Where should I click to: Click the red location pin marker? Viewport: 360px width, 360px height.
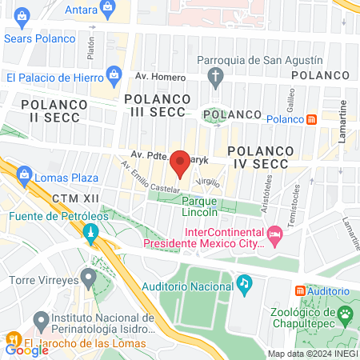pos(180,162)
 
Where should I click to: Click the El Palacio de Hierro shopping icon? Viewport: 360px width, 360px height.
pos(114,77)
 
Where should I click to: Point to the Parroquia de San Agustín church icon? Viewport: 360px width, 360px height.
pos(214,78)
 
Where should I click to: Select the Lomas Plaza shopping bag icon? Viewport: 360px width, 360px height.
pos(24,175)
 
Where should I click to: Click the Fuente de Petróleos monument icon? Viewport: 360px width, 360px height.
pos(90,234)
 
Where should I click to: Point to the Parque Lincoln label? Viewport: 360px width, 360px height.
pos(199,207)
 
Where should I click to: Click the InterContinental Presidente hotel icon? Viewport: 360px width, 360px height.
pos(276,234)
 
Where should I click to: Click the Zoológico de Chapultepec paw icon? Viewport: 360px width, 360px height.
pos(345,313)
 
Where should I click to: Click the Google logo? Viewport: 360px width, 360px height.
pos(27,349)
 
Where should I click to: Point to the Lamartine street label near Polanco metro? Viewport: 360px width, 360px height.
pos(342,121)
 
